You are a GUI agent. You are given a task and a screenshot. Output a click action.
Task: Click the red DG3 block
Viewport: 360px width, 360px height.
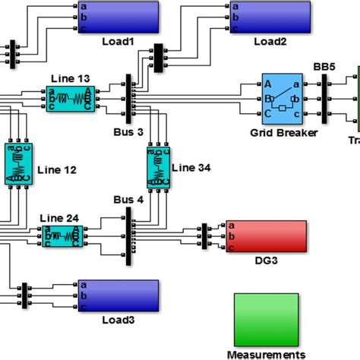[x=266, y=236]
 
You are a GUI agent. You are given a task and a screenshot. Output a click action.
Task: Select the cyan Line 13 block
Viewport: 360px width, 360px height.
[x=69, y=99]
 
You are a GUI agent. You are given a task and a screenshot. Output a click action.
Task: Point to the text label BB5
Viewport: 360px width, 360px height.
[x=323, y=67]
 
